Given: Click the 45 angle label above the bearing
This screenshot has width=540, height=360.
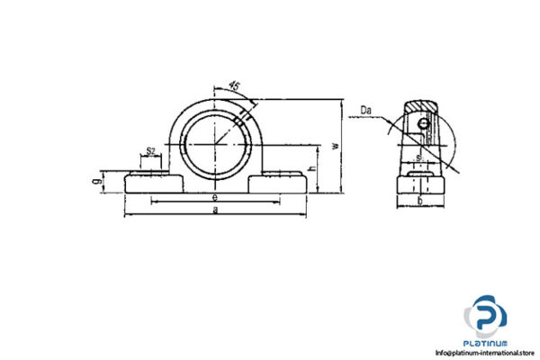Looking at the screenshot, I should coord(235,85).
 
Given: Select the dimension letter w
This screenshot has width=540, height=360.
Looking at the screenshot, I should coord(336,144).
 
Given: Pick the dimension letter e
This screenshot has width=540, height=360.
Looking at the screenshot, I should coord(214,195).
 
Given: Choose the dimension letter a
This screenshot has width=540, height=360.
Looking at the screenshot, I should coord(214,209).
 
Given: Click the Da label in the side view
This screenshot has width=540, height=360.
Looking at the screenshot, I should coord(366,112).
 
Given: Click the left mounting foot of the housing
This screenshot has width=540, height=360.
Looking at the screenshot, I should coord(150,182).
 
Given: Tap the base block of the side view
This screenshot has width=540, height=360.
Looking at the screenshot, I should coord(420,187).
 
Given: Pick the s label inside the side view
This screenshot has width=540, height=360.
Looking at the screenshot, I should coord(418,158).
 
